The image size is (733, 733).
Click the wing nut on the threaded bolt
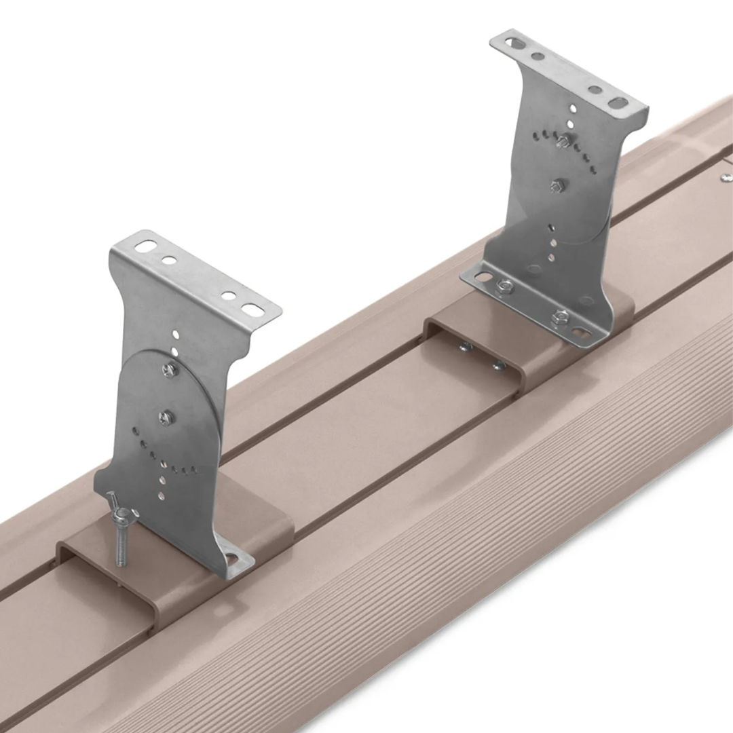click(x=122, y=516)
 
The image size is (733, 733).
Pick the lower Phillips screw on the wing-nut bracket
click(x=165, y=417)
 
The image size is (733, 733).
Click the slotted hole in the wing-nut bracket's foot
click(x=233, y=559)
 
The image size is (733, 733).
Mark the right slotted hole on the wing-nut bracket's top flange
click(x=252, y=309)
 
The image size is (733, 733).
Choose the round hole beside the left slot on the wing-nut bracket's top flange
click(x=168, y=259)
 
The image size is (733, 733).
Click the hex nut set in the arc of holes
click(x=562, y=140)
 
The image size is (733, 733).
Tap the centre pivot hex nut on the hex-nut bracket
click(x=557, y=185)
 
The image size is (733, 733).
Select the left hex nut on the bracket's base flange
click(x=504, y=287)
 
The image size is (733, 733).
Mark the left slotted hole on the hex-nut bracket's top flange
click(x=516, y=43)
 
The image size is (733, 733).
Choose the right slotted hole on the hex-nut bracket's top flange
click(x=618, y=102)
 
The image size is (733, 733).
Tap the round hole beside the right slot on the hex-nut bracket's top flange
click(x=595, y=90)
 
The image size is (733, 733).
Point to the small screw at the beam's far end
click(x=726, y=177)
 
